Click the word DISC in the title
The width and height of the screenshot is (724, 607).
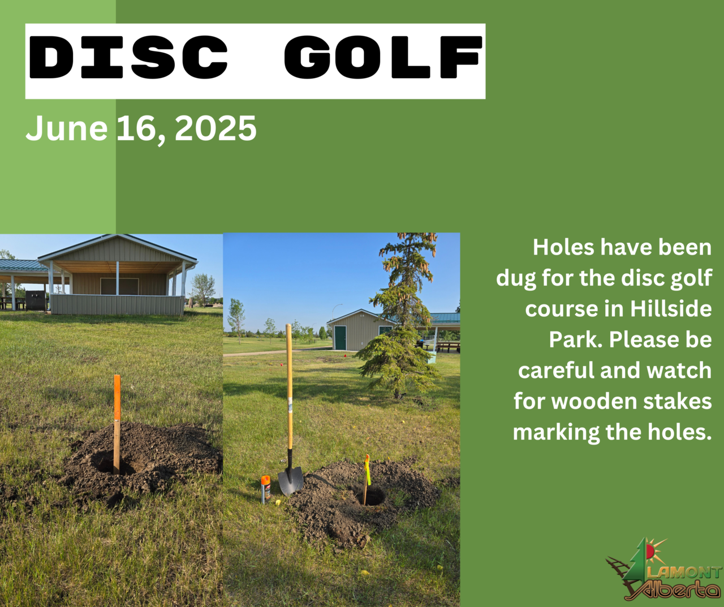coord(128,57)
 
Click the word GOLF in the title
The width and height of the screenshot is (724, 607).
coord(383,57)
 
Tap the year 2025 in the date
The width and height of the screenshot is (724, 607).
coord(216,128)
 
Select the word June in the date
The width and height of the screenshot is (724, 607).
coord(67,128)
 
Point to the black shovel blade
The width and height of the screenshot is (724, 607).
coord(291,480)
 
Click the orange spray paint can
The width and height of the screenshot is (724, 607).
coord(266,489)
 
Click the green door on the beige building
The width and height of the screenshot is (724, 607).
coord(340,338)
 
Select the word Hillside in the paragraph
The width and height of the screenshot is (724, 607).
coord(671,308)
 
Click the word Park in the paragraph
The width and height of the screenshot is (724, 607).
coord(576,339)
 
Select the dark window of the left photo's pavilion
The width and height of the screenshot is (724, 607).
coord(119,286)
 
